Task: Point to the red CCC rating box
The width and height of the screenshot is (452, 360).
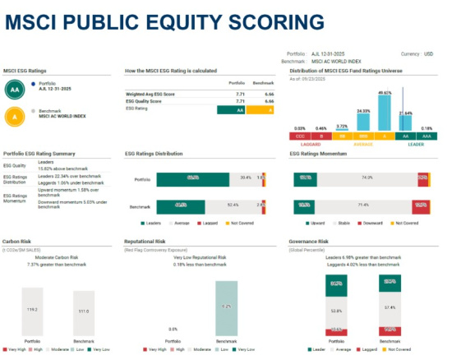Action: click(299, 136)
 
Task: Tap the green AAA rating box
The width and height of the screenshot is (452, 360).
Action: click(427, 136)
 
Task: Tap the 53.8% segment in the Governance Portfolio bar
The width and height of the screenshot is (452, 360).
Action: click(336, 312)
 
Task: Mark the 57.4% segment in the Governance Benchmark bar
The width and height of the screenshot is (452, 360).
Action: click(389, 307)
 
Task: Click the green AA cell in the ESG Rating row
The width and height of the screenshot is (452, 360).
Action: click(229, 108)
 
